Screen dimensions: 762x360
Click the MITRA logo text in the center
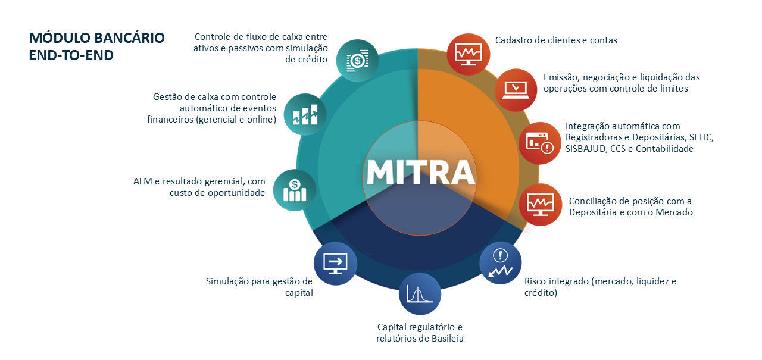pyautogui.click(x=420, y=172)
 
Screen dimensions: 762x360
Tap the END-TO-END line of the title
pyautogui.click(x=71, y=55)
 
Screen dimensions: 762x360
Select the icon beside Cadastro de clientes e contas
pyautogui.click(x=469, y=54)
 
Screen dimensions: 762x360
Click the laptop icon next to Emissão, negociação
pyautogui.click(x=516, y=90)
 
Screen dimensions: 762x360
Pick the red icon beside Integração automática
pyautogui.click(x=540, y=143)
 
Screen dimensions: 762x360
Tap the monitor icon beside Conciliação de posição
pyautogui.click(x=541, y=205)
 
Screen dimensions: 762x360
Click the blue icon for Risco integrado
pyautogui.click(x=501, y=263)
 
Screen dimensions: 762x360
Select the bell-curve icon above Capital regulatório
pyautogui.click(x=420, y=294)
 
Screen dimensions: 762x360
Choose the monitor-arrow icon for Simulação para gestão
pyautogui.click(x=335, y=264)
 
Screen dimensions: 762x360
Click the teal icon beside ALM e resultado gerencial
pyautogui.click(x=295, y=190)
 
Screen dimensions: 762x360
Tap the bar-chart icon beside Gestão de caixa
pyautogui.click(x=305, y=115)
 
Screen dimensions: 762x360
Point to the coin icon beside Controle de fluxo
pyautogui.click(x=358, y=61)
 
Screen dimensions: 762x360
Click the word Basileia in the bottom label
pyautogui.click(x=448, y=338)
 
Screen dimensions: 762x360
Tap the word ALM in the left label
pyautogui.click(x=143, y=181)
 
